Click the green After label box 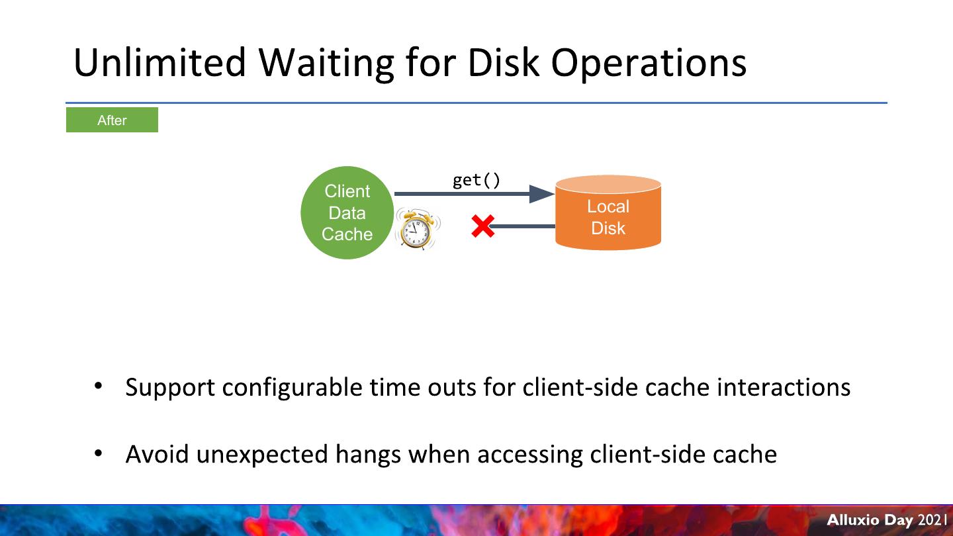(x=112, y=120)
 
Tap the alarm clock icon (x=416, y=229)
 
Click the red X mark (x=482, y=226)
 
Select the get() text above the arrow (x=476, y=180)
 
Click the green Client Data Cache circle (x=347, y=212)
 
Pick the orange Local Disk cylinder (x=608, y=214)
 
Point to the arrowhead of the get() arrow (x=542, y=194)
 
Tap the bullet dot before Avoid (x=98, y=453)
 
